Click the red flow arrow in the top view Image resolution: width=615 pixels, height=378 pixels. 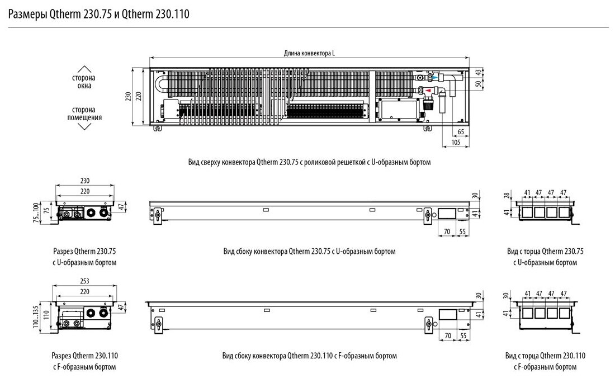(429, 89)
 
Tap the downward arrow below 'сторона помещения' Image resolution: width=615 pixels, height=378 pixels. (84, 127)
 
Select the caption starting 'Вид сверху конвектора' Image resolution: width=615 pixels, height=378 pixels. (310, 162)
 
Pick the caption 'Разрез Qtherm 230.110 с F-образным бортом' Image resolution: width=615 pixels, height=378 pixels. (84, 361)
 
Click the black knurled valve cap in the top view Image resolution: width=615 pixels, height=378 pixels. (429, 103)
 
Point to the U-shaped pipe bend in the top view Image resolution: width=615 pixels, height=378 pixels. (162, 84)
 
